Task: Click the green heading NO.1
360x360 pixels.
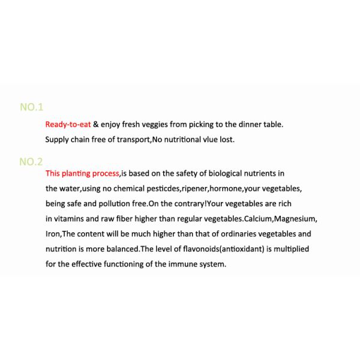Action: [32, 107]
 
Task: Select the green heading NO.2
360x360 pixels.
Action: [31, 161]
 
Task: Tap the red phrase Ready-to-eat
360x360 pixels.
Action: [68, 124]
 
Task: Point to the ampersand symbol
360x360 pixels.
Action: [96, 124]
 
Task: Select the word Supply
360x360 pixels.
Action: [58, 140]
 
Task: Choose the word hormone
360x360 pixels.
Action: [225, 188]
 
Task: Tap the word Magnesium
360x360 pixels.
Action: [295, 218]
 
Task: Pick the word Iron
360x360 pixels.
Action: [53, 234]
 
